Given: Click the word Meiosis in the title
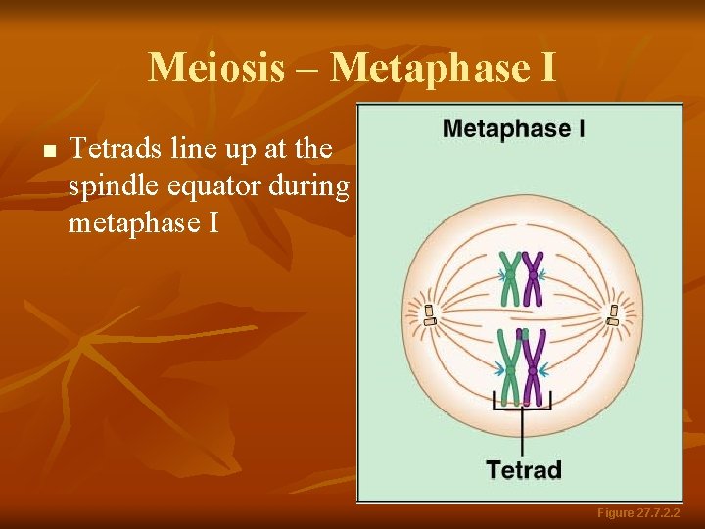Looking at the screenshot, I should click(216, 68).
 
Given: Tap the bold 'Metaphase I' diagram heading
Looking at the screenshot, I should click(514, 128).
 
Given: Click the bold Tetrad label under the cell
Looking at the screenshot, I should click(524, 469).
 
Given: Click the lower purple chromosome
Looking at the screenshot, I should click(533, 368).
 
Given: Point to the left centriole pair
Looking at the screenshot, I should click(428, 314).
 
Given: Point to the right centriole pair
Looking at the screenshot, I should click(613, 314).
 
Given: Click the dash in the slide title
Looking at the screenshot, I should click(307, 69).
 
